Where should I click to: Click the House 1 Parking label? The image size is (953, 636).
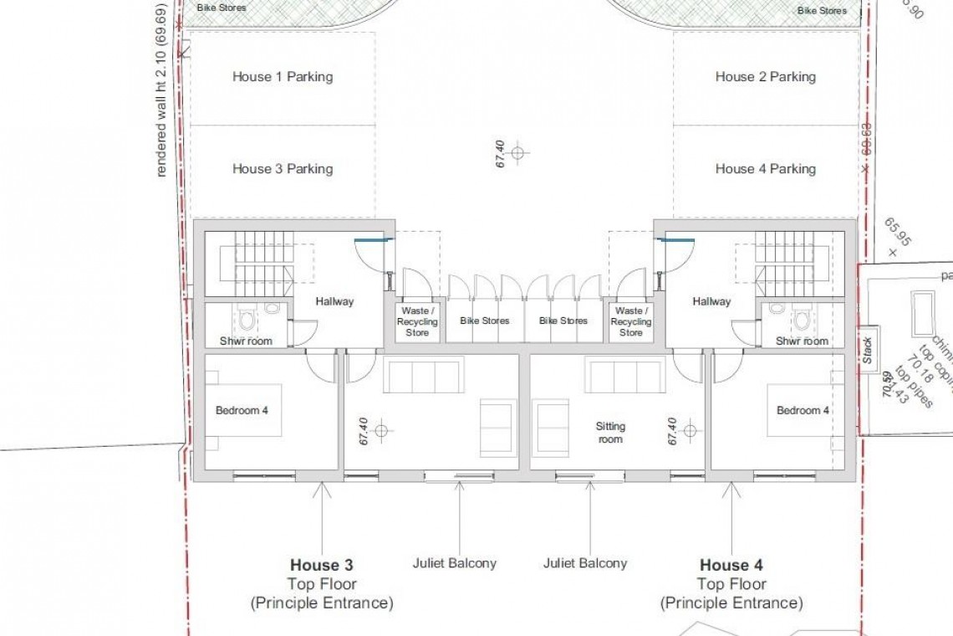pyautogui.click(x=283, y=77)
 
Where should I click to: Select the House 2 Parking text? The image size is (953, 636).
pyautogui.click(x=765, y=77)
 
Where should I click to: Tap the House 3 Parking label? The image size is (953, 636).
pyautogui.click(x=283, y=169)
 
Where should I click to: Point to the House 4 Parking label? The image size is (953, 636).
pyautogui.click(x=765, y=169)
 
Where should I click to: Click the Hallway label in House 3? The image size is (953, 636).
pyautogui.click(x=334, y=302)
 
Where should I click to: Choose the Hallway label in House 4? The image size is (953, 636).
pyautogui.click(x=711, y=302)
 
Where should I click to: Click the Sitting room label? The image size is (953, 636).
pyautogui.click(x=610, y=433)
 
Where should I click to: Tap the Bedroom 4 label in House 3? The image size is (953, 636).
pyautogui.click(x=242, y=411)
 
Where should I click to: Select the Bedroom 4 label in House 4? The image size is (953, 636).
pyautogui.click(x=803, y=411)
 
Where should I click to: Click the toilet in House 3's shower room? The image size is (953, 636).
pyautogui.click(x=246, y=320)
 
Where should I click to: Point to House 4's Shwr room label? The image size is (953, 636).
pyautogui.click(x=802, y=341)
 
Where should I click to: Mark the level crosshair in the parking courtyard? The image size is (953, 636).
pyautogui.click(x=517, y=152)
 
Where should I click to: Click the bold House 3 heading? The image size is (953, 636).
pyautogui.click(x=322, y=566)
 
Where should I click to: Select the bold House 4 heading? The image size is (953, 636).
pyautogui.click(x=731, y=566)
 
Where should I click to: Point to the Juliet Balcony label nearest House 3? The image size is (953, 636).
pyautogui.click(x=454, y=563)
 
